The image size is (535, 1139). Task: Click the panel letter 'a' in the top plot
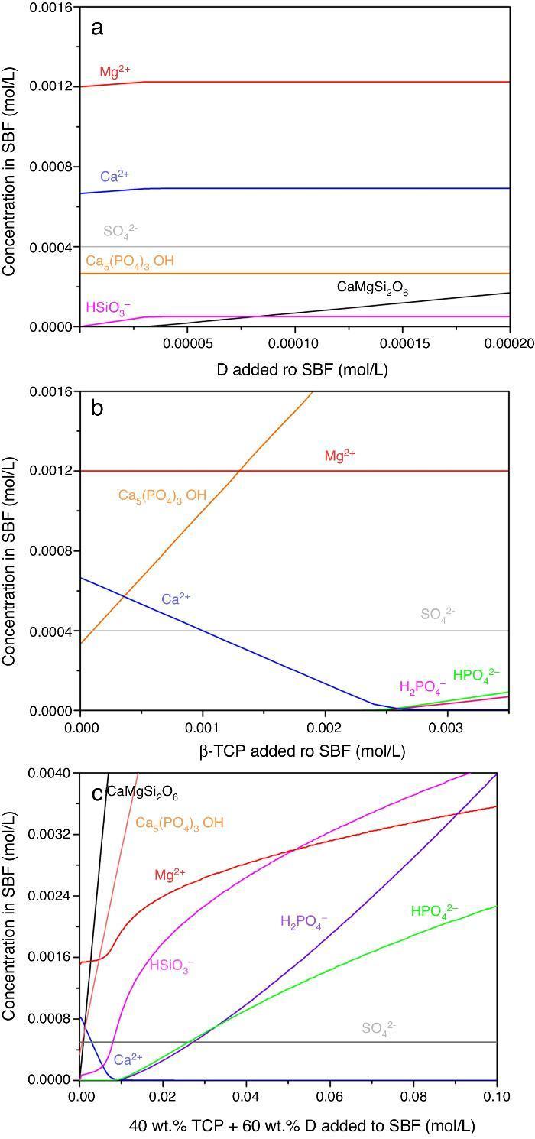[x=96, y=28]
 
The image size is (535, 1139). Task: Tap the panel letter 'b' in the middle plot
[x=97, y=407]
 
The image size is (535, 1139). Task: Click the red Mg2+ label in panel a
[x=115, y=71]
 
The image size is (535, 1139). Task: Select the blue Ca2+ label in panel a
[x=114, y=177]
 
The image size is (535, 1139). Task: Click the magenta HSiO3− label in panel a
[x=108, y=307]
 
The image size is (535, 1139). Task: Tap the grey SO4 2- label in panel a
[x=120, y=231]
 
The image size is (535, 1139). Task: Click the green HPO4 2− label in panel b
[x=476, y=674]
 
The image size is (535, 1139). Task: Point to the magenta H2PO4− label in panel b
[x=422, y=686]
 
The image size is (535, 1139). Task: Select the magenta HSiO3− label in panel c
[x=171, y=965]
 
